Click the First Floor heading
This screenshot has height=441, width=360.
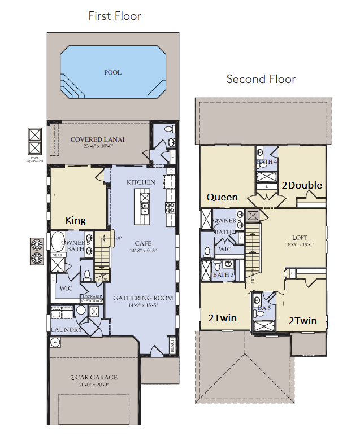tap(115, 16)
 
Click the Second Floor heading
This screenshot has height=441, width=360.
tap(261, 79)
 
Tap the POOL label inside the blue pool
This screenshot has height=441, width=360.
tap(112, 72)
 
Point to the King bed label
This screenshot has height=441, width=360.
tap(75, 220)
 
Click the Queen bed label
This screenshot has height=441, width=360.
tap(222, 197)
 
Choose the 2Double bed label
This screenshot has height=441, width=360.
tap(302, 185)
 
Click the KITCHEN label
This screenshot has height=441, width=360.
tap(141, 182)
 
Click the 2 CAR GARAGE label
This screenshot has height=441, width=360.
tap(93, 378)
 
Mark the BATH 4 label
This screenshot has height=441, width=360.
tap(267, 162)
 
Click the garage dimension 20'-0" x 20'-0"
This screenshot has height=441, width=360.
tap(93, 385)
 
